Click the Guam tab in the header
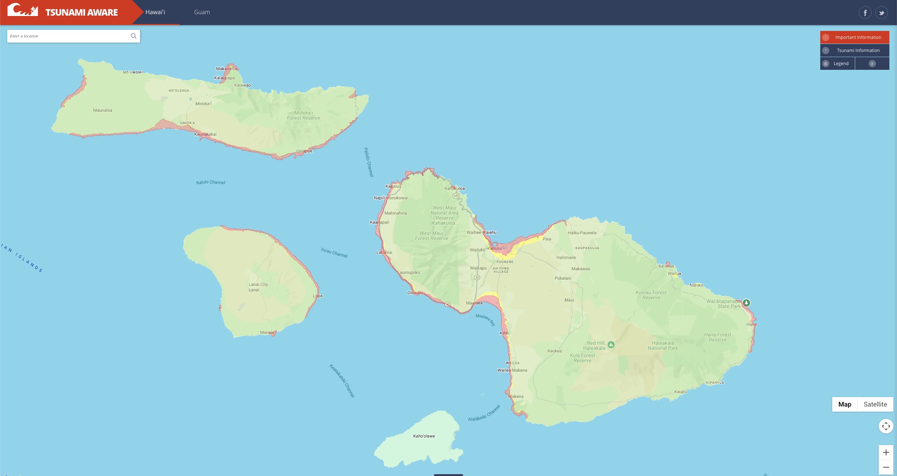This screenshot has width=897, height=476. coord(202,12)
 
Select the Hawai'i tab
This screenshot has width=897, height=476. coord(155,12)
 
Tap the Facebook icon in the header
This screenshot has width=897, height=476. coord(865,13)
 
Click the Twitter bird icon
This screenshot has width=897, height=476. coord(881,13)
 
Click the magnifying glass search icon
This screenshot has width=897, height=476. coord(133,36)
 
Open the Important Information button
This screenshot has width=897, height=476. coord(854,37)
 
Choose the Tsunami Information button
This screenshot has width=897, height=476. coord(854,50)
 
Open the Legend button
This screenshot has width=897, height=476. coord(837,63)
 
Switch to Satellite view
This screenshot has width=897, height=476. coord(875,404)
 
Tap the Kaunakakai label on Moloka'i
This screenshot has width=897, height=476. coord(205,134)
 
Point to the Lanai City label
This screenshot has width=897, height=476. coord(258,284)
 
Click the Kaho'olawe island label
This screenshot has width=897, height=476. coord(424,436)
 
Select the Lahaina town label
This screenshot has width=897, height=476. coord(384,252)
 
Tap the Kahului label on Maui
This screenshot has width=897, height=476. coord(495,248)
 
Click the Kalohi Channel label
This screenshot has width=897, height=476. coord(211,182)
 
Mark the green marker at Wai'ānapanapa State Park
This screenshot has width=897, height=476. coord(746,303)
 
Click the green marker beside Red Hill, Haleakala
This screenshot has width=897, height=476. coord(611,345)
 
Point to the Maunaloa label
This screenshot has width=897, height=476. coord(103,110)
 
